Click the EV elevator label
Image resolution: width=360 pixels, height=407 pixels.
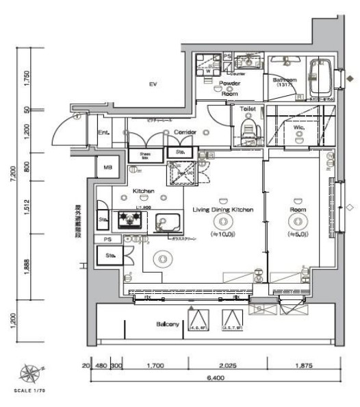point(153,84)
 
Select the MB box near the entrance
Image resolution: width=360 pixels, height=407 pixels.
point(107,167)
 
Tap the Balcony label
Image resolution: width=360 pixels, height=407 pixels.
point(168,324)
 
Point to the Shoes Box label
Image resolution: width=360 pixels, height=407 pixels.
point(144,156)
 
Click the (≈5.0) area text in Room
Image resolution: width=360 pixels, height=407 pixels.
point(298,234)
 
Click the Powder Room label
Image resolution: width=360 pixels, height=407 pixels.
point(229,88)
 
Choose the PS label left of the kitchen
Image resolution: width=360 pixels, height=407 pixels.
point(107,239)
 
